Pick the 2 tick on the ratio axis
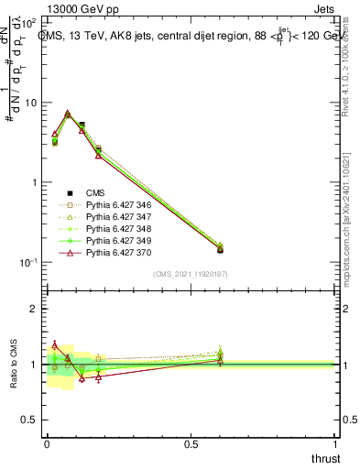tap(37, 309)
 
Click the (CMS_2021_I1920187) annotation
tap(191, 275)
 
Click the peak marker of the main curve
tap(68, 115)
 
